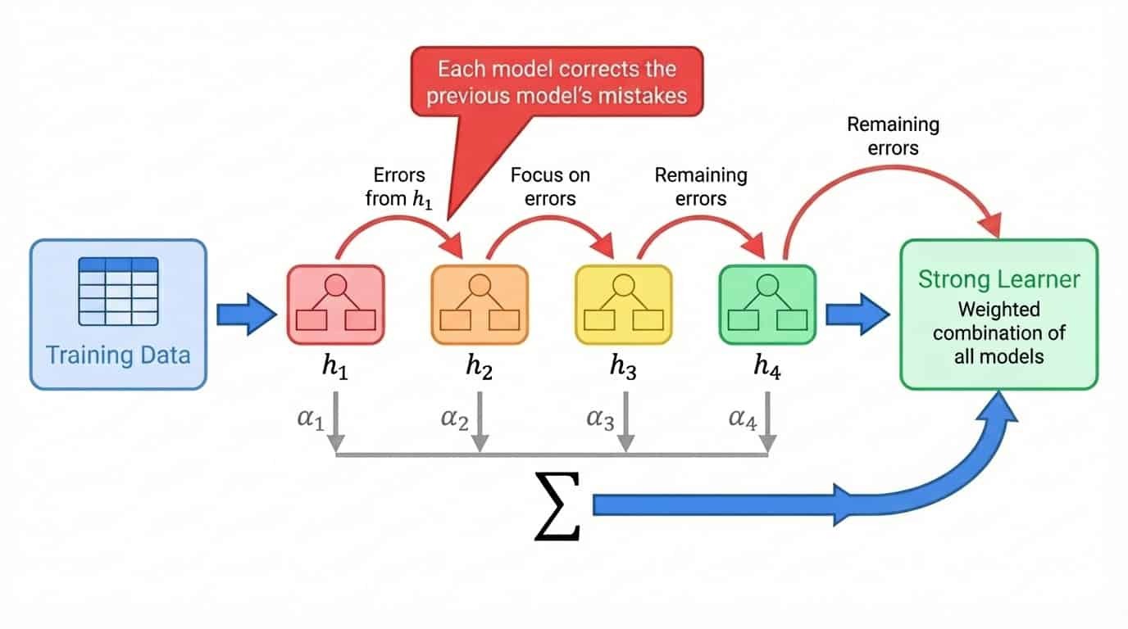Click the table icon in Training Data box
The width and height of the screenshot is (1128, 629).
click(118, 292)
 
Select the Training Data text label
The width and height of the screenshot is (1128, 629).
click(118, 355)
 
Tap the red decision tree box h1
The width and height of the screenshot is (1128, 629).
click(335, 304)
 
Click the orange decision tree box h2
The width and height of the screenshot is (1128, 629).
click(480, 304)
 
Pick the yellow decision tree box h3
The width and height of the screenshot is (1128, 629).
click(623, 304)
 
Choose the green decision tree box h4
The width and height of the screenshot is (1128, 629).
click(767, 304)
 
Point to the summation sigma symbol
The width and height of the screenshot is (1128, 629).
click(557, 505)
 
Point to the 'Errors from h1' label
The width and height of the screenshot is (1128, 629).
click(400, 187)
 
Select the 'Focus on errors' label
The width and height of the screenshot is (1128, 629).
click(549, 187)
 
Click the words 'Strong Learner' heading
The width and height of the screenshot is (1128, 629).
click(998, 279)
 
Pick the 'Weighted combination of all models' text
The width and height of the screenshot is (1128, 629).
click(998, 333)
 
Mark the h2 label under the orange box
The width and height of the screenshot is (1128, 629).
click(480, 369)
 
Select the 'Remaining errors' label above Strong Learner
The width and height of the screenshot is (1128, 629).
click(893, 136)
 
